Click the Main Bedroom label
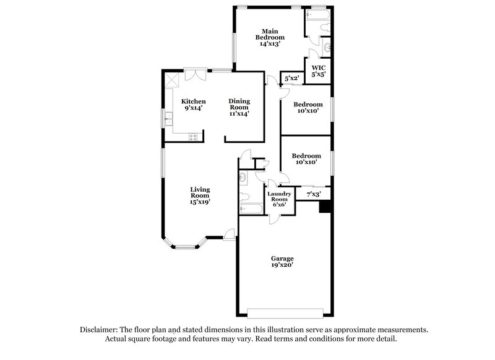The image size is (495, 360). (x=269, y=37)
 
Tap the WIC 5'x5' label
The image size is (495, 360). (x=318, y=71)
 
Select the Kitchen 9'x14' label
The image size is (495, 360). (x=193, y=105)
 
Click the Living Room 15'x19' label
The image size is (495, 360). (x=200, y=195)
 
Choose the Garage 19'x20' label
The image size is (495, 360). (x=282, y=262)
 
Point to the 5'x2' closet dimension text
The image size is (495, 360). (x=291, y=79)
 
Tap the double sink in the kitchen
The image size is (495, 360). (x=168, y=118)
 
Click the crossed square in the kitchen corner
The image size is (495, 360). (x=172, y=80)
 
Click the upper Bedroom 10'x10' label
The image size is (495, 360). (x=308, y=108)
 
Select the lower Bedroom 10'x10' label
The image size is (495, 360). (x=306, y=159)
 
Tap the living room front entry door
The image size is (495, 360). (x=230, y=235)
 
